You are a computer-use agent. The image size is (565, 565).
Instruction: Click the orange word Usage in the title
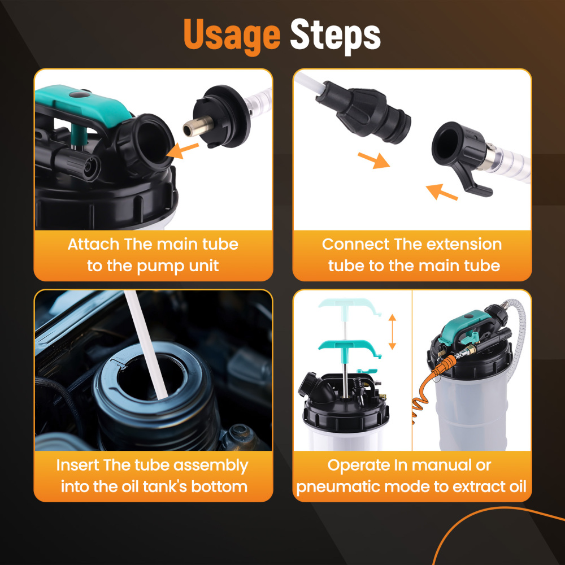232,35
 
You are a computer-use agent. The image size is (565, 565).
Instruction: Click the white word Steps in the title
335,35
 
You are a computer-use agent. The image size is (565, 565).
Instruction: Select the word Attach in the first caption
93,244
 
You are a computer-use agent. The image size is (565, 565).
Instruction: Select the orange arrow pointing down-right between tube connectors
373,160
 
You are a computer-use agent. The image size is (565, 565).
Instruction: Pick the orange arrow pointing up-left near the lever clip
442,192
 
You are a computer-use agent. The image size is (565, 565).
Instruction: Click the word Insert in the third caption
77,465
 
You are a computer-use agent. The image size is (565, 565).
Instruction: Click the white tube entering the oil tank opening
146,345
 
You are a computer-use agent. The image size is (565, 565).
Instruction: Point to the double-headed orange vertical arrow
393,332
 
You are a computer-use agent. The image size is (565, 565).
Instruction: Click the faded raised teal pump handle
350,306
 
